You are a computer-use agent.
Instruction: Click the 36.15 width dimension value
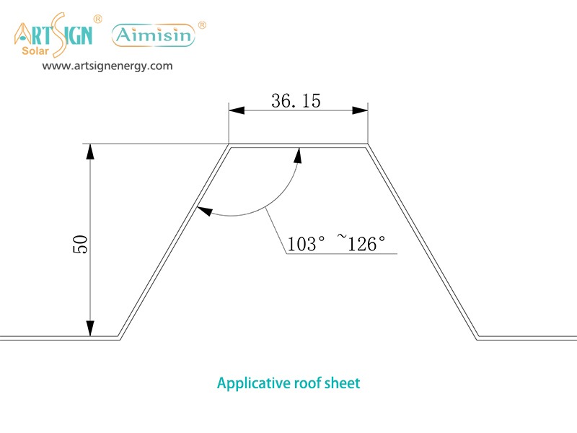click(296, 100)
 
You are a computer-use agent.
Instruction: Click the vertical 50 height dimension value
click(80, 243)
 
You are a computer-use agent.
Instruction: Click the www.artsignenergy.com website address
click(107, 66)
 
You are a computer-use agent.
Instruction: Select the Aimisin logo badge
click(153, 35)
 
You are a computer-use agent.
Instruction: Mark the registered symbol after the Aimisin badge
click(202, 25)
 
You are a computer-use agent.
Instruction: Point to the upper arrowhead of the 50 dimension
click(90, 151)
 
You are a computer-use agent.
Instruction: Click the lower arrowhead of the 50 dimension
click(90, 330)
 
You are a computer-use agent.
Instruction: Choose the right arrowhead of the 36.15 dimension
click(360, 110)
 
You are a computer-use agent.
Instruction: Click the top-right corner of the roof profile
click(369, 145)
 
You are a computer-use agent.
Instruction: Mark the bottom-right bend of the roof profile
click(478, 337)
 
